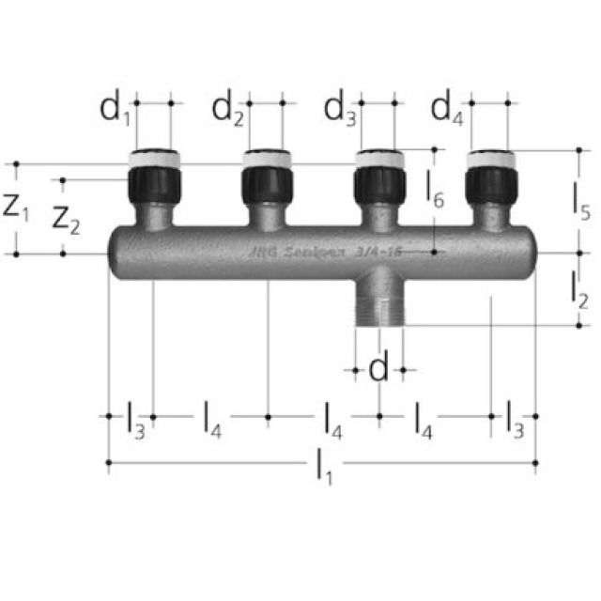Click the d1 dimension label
(x=115, y=111)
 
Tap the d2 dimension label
(x=226, y=111)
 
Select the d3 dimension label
(x=340, y=111)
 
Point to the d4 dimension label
(x=447, y=111)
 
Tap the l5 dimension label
(x=580, y=201)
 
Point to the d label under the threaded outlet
(x=378, y=370)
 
